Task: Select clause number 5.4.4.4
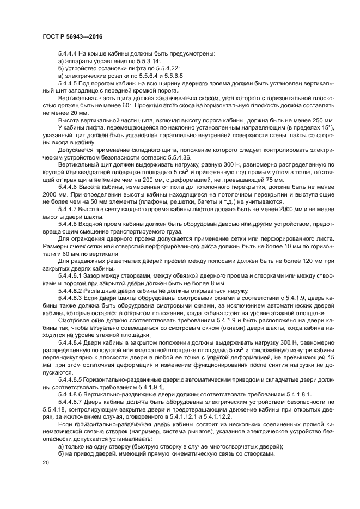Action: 69,54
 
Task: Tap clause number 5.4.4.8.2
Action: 71,291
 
